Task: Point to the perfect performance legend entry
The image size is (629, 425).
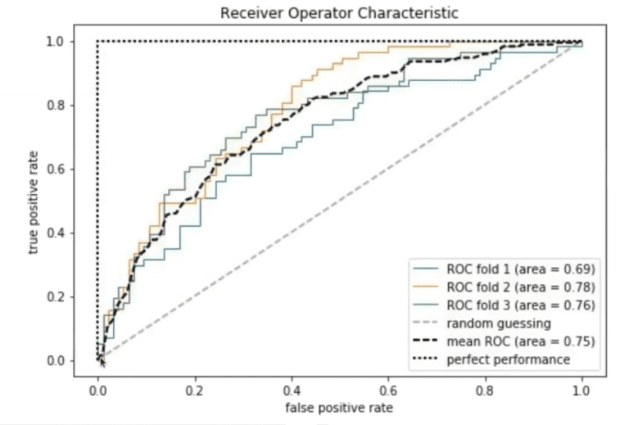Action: pos(508,359)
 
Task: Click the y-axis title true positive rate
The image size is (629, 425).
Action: pos(34,201)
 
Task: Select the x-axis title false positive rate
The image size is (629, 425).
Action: pos(339,408)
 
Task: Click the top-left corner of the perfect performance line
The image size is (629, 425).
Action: pos(98,42)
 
